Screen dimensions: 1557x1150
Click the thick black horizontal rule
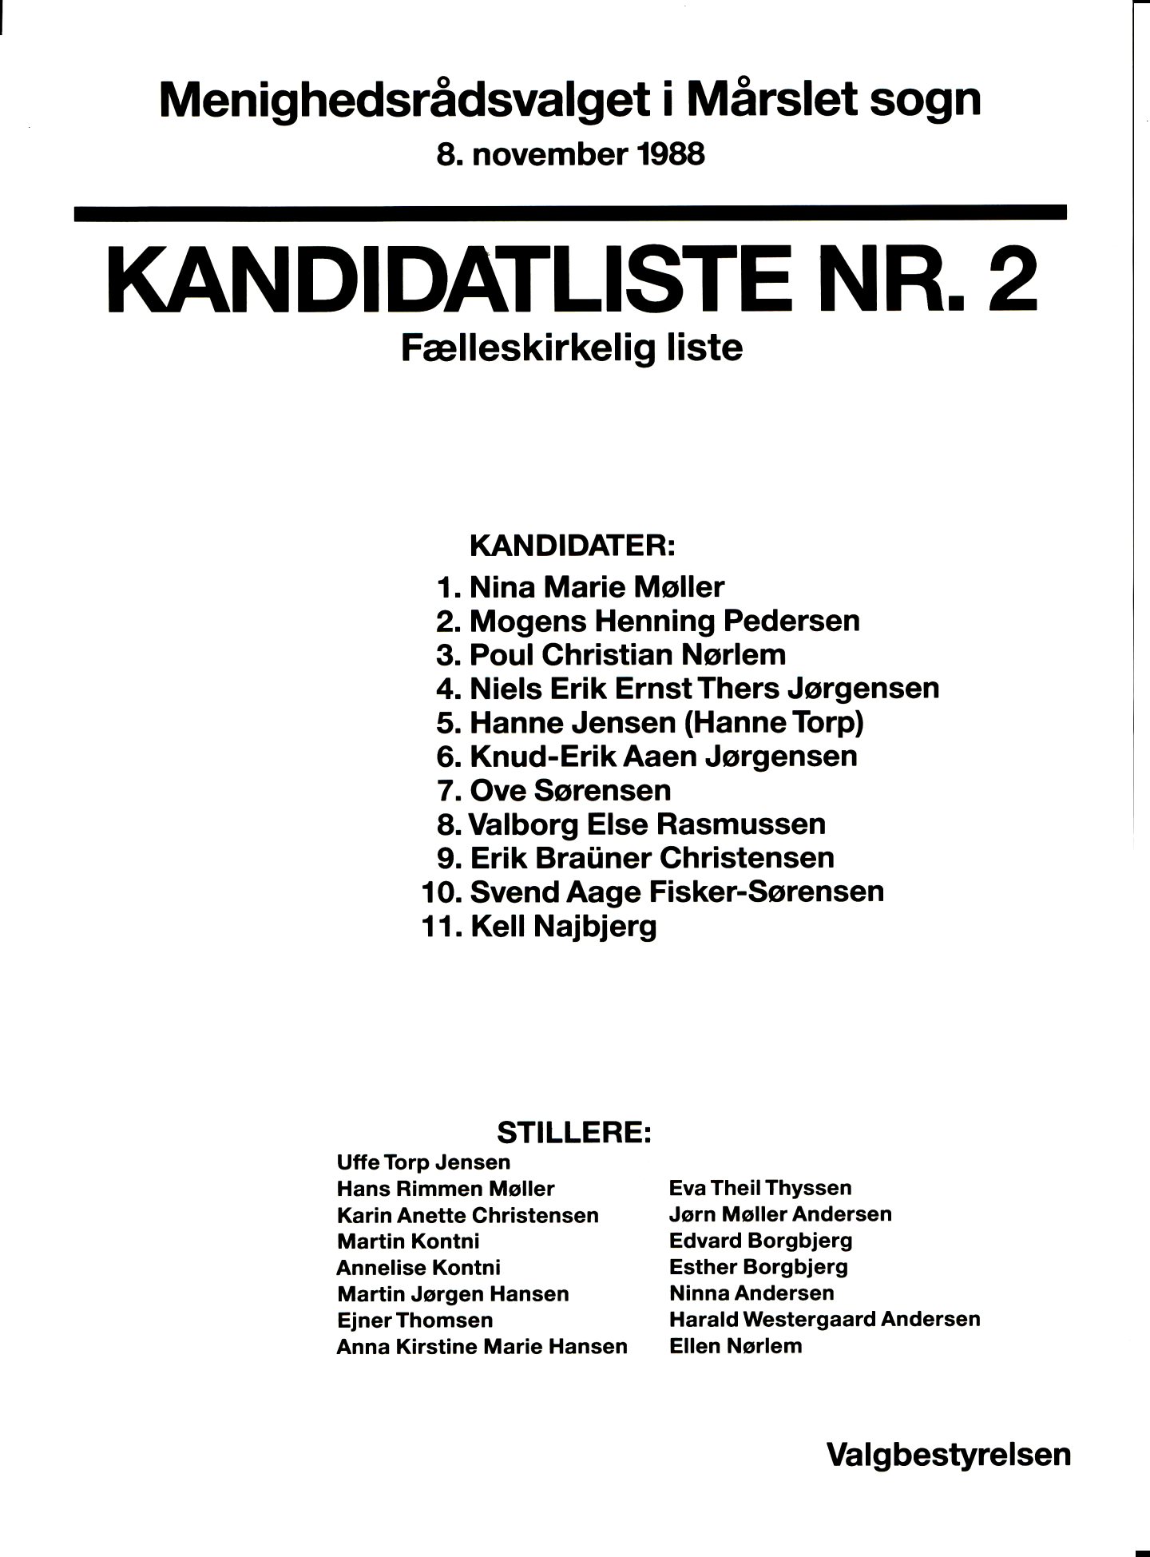[x=569, y=212]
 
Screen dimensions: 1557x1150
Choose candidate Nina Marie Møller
[x=597, y=587]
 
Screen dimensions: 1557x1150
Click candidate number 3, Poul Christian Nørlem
[x=627, y=655]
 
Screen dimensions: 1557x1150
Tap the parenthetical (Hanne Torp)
[x=774, y=723]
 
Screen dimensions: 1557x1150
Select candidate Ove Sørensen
[x=570, y=791]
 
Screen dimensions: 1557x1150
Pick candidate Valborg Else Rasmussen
[x=647, y=824]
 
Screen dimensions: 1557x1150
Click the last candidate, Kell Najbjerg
[x=564, y=927]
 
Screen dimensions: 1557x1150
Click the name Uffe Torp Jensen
[x=423, y=1162]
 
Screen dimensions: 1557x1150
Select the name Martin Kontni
[x=408, y=1241]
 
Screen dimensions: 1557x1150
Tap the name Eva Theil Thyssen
[x=760, y=1188]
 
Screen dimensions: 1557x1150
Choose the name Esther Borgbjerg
[x=759, y=1266]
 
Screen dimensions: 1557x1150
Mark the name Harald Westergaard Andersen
[x=824, y=1319]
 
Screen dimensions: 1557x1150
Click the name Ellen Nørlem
[x=736, y=1346]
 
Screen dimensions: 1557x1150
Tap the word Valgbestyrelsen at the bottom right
[x=948, y=1454]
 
